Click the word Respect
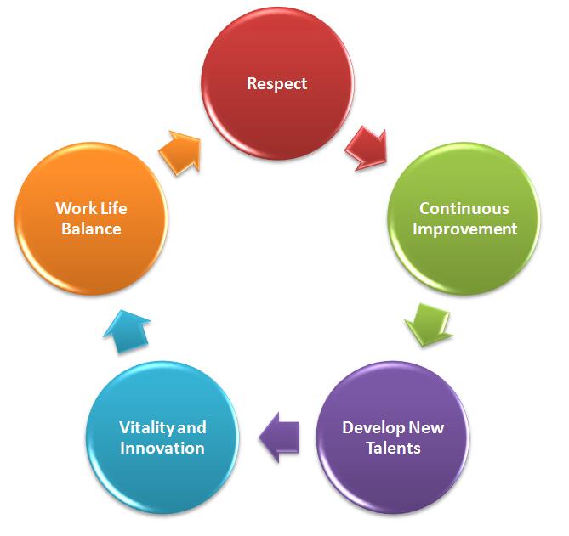tap(277, 84)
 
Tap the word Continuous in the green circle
tap(464, 208)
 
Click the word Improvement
tap(465, 229)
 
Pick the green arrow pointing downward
tap(429, 324)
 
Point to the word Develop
tap(373, 428)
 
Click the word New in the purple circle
tap(426, 427)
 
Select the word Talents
tap(393, 448)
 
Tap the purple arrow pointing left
tap(280, 437)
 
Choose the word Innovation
tap(162, 448)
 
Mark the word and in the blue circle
tap(191, 427)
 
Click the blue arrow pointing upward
tap(127, 331)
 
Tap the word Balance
tap(91, 229)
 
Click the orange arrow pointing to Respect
tap(179, 153)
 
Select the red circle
tap(277, 83)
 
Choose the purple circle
tap(393, 437)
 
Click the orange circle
tap(91, 218)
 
